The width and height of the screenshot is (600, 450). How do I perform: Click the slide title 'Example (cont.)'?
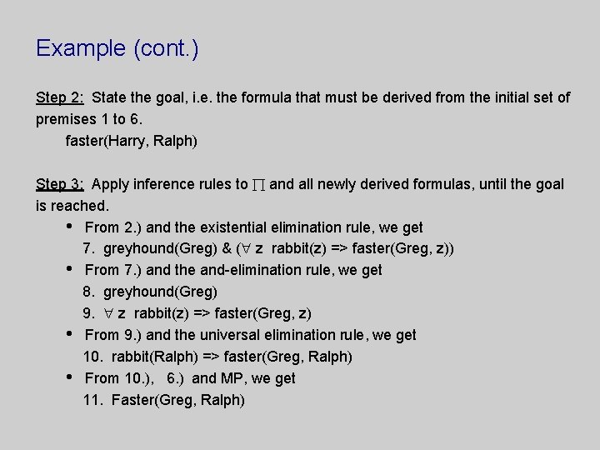tap(117, 48)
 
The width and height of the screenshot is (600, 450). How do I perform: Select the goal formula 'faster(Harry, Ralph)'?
tap(132, 141)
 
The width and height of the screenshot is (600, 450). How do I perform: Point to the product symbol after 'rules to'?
tap(259, 184)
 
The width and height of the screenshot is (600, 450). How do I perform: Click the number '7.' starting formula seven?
tap(89, 248)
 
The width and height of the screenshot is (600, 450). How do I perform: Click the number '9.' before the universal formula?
tap(89, 313)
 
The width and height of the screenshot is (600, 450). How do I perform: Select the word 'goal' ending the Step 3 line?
tap(549, 184)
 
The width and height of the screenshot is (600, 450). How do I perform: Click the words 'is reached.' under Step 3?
tap(72, 205)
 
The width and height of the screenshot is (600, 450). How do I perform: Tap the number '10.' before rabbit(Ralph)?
tap(92, 357)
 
